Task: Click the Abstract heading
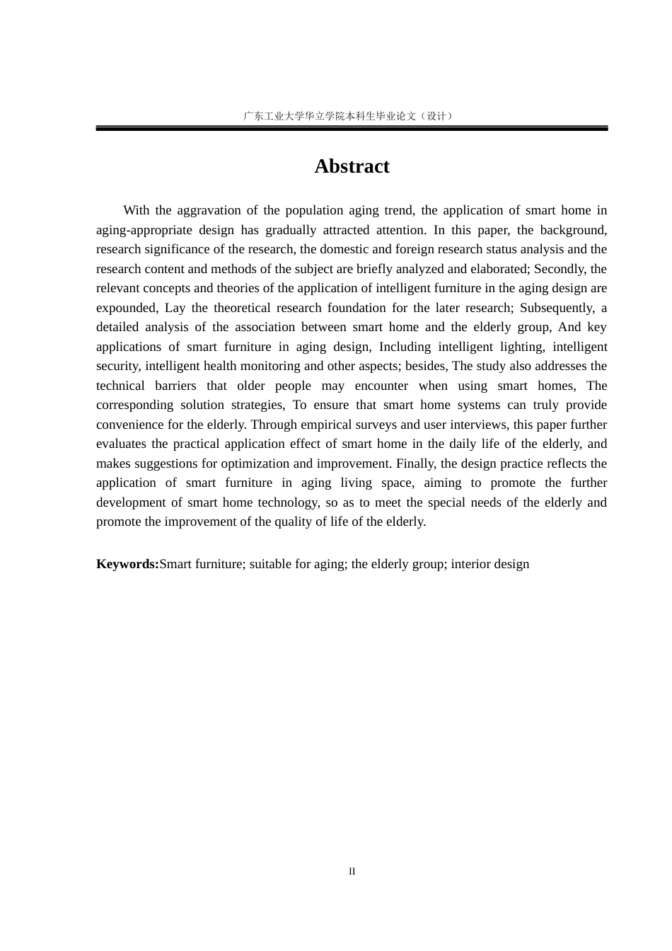352,166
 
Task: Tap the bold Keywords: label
127,564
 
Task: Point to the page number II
352,871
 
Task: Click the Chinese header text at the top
348,115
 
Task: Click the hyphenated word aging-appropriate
144,230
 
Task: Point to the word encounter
381,386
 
